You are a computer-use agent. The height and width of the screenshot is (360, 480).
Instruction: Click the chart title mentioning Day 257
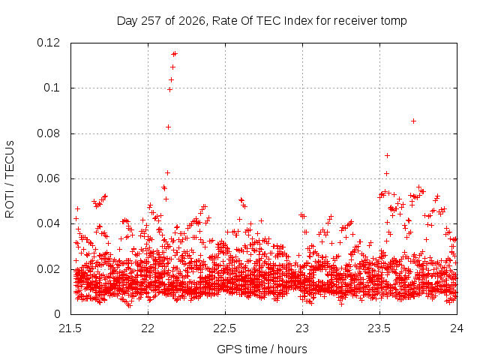coord(262,21)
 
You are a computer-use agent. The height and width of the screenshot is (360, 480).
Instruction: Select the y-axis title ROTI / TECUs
coord(10,179)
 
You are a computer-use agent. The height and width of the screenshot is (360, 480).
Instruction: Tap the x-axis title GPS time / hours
coord(262,349)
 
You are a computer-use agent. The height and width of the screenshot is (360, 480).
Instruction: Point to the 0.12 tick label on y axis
coord(48,43)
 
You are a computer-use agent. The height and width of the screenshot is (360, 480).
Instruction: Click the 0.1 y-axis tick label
coord(52,88)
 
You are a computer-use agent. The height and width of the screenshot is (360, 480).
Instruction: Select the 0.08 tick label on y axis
coord(48,133)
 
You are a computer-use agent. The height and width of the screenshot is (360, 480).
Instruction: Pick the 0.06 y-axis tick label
coord(48,178)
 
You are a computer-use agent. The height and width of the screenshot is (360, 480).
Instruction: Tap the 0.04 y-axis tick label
coord(48,223)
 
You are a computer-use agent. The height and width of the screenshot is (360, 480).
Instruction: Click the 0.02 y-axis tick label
coord(48,269)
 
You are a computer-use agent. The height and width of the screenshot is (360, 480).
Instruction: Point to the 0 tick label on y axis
coord(57,314)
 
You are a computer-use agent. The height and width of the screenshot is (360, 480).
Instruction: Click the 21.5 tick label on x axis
coord(70,328)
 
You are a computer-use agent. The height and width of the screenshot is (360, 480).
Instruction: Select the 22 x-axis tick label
coord(148,328)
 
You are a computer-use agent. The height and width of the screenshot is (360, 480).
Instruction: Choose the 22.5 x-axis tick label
coord(225,328)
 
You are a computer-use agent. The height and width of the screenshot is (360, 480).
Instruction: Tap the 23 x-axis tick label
coord(302,328)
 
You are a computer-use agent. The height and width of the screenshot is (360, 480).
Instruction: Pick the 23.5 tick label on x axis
coord(379,328)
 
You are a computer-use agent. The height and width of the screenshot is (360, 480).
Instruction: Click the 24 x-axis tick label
coord(457,328)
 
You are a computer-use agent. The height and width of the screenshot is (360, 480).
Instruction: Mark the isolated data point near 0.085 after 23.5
coord(413,121)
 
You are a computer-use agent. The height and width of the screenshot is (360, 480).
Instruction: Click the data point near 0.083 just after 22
coord(168,127)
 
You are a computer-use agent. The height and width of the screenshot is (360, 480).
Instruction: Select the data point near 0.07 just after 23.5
coord(387,155)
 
